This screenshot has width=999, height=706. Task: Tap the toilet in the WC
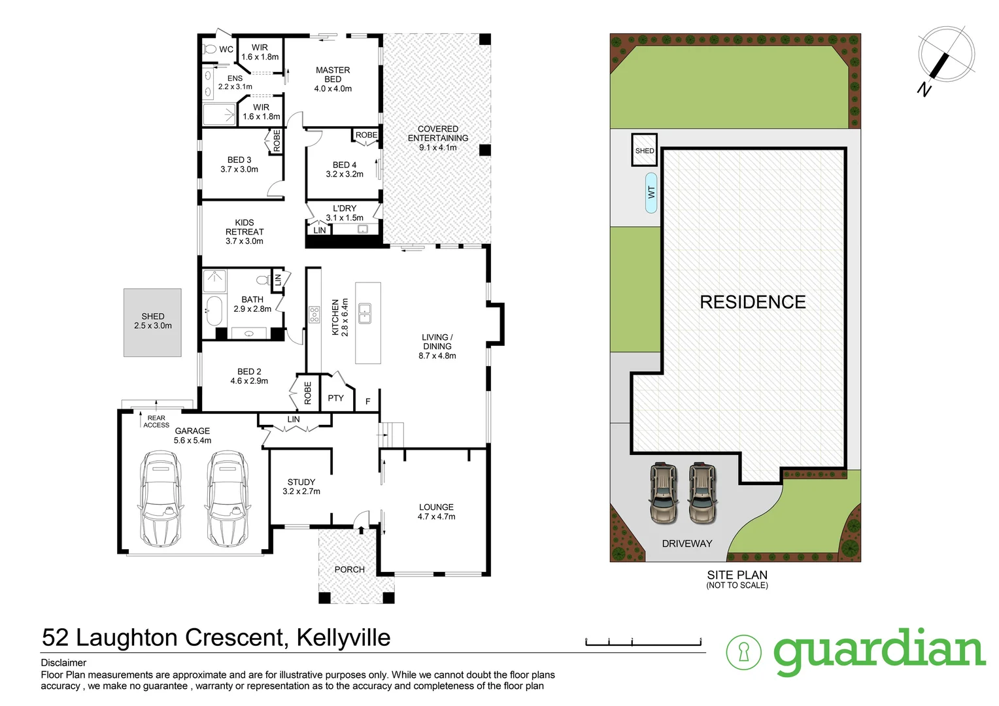pyautogui.click(x=211, y=49)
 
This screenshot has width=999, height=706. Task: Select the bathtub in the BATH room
pyautogui.click(x=214, y=311)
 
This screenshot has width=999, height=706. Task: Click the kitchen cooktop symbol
pyautogui.click(x=314, y=314)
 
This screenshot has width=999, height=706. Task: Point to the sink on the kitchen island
pyautogui.click(x=364, y=313)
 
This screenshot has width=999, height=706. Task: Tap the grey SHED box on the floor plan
pyautogui.click(x=153, y=323)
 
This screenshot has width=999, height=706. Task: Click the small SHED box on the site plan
pyautogui.click(x=644, y=150)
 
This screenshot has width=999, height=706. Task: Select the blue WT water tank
pyautogui.click(x=651, y=192)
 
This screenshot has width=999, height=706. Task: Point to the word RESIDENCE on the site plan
pyautogui.click(x=753, y=302)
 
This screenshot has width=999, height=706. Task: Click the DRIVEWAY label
pyautogui.click(x=686, y=544)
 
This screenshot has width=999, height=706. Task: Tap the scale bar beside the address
pyautogui.click(x=643, y=642)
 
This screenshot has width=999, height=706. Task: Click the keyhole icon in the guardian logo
pyautogui.click(x=744, y=652)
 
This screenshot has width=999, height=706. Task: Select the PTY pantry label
pyautogui.click(x=335, y=398)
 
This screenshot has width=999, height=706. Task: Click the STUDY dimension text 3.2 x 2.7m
pyautogui.click(x=301, y=492)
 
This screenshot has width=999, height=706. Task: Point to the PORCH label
pyautogui.click(x=349, y=569)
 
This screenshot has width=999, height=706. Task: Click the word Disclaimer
pyautogui.click(x=63, y=663)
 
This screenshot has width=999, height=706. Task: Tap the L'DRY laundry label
pyautogui.click(x=345, y=209)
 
